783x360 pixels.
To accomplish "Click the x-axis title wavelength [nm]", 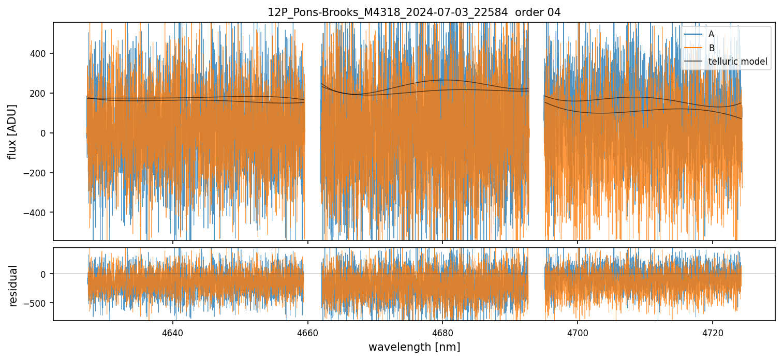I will click(x=414, y=347).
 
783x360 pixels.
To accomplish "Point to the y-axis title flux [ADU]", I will click(x=12, y=131).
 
